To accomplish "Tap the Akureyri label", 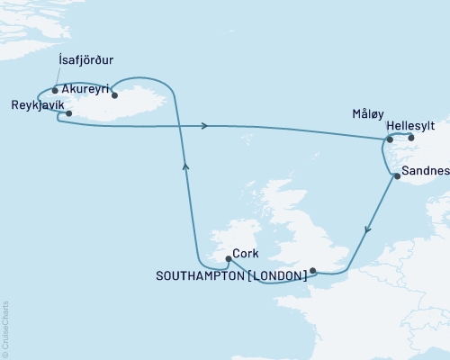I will click(88, 90).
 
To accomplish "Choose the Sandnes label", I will click(424, 169).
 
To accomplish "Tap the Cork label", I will click(247, 253).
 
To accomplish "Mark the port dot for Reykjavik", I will click(69, 113).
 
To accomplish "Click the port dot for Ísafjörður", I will click(56, 90).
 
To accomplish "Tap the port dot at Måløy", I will click(390, 139).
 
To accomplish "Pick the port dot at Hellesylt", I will click(411, 138).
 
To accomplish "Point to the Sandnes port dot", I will click(397, 176).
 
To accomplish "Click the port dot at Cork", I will click(228, 259).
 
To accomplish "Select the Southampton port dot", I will click(312, 270).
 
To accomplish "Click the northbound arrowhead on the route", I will click(185, 165).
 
